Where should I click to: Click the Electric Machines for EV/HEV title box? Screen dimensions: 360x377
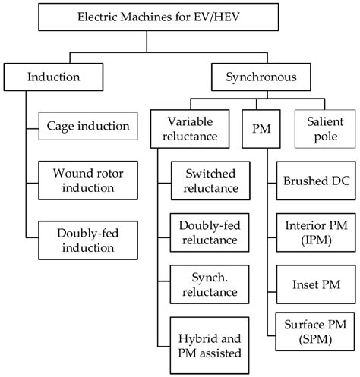pos(159,17)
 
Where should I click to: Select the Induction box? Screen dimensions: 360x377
pos(53,77)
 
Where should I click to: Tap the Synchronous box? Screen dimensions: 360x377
pos(261,77)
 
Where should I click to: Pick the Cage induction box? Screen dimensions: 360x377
pos(88,126)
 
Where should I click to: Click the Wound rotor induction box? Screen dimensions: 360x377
pos(88,181)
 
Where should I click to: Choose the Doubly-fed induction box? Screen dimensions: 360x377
pos(88,240)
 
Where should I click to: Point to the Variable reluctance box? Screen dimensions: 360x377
pos(190,129)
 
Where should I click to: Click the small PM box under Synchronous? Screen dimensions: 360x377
pos(261,129)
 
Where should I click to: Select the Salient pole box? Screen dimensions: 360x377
pos(325,129)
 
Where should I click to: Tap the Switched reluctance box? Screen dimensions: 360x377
pos(210,181)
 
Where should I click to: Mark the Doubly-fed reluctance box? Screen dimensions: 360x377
pos(210,233)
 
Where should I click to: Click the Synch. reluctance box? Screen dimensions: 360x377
pos(210,284)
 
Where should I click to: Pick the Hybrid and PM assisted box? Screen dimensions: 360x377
pos(210,345)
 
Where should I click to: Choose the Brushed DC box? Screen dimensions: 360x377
pos(316,181)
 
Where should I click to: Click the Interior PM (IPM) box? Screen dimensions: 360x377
pos(316,233)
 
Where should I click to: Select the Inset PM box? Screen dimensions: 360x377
pos(316,284)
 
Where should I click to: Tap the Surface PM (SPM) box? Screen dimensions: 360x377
pos(315,331)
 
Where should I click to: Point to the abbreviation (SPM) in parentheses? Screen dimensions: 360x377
pos(315,339)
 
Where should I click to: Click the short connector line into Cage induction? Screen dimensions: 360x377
pos(32,129)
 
